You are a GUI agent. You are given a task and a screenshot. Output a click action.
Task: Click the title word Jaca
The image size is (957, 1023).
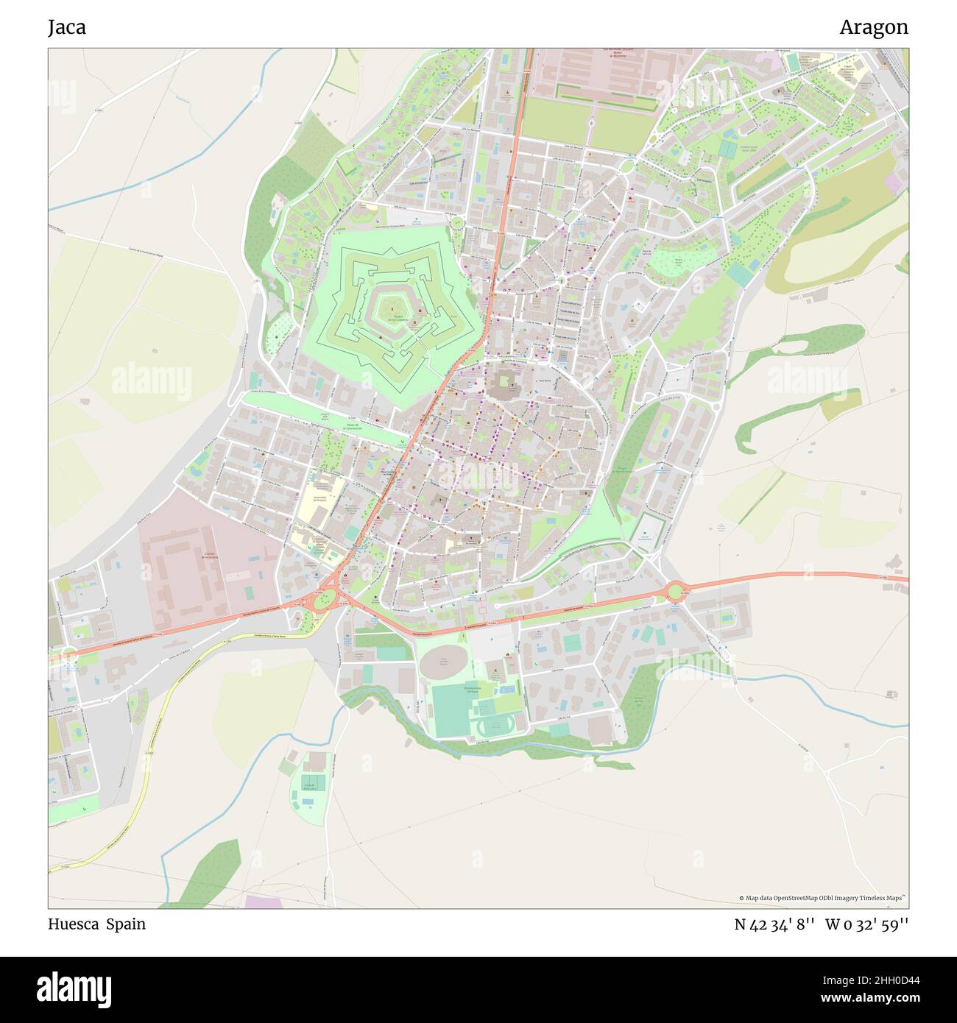click(x=67, y=27)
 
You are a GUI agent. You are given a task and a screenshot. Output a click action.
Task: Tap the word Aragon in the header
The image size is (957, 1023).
click(x=873, y=27)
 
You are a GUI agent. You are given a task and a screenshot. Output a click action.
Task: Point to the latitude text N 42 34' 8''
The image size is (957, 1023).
click(x=774, y=924)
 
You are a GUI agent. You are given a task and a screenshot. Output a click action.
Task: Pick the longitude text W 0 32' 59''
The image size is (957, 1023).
click(x=866, y=924)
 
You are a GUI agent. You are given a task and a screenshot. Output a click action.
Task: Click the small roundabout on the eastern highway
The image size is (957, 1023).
click(x=676, y=591)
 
